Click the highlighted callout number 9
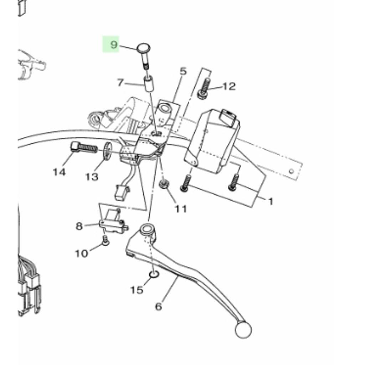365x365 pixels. pyautogui.click(x=114, y=45)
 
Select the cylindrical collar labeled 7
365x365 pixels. pyautogui.click(x=149, y=84)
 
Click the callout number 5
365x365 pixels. pyautogui.click(x=183, y=71)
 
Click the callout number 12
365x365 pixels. pyautogui.click(x=229, y=86)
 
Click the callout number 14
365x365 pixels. pyautogui.click(x=59, y=172)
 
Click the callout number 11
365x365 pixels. pyautogui.click(x=181, y=209)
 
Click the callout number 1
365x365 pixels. pyautogui.click(x=271, y=202)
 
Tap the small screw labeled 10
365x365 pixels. pyautogui.click(x=106, y=242)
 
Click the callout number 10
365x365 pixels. pyautogui.click(x=81, y=253)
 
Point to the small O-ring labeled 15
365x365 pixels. pyautogui.click(x=153, y=274)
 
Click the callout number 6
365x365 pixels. pyautogui.click(x=159, y=306)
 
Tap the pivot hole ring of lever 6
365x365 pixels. pyautogui.click(x=146, y=228)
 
